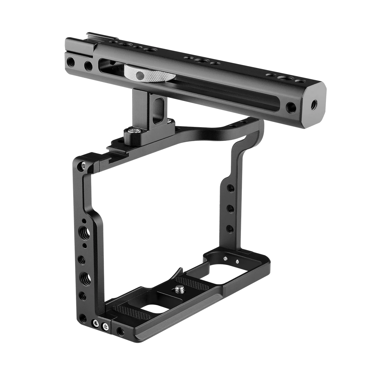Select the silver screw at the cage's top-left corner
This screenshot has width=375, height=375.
83,164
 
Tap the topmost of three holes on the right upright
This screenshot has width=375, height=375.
231,188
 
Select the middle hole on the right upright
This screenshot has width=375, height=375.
231,207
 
